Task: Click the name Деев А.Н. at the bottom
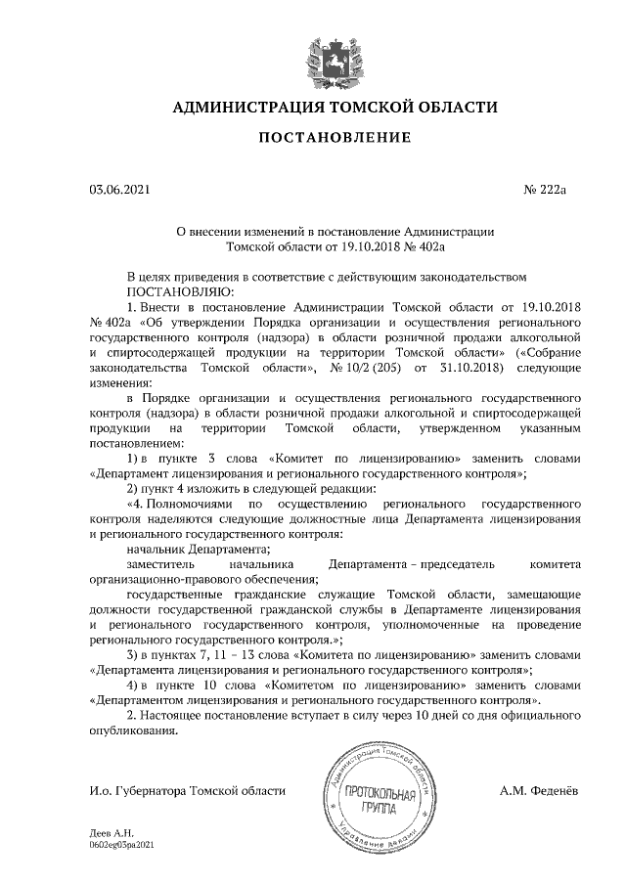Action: click(109, 832)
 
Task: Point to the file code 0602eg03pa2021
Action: click(122, 843)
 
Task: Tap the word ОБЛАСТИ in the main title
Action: click(456, 108)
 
